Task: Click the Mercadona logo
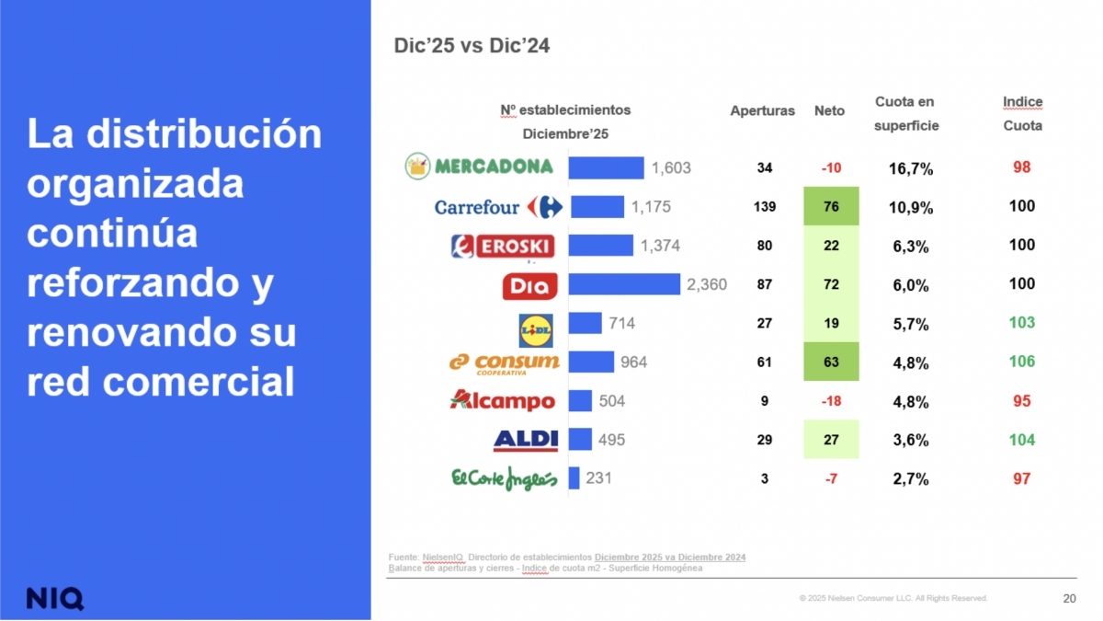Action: pyautogui.click(x=479, y=167)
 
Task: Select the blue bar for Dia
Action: pyautogui.click(x=624, y=284)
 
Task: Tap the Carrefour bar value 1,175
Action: pyautogui.click(x=651, y=207)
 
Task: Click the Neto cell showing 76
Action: pyautogui.click(x=831, y=207)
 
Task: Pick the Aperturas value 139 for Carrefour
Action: pyautogui.click(x=764, y=207)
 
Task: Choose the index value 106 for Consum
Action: pyautogui.click(x=1021, y=362)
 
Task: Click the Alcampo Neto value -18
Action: pyautogui.click(x=831, y=401)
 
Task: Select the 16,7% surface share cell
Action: pyautogui.click(x=911, y=168)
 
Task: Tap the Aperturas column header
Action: pyautogui.click(x=762, y=110)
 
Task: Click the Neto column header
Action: pyautogui.click(x=829, y=110)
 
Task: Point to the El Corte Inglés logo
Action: pyautogui.click(x=504, y=479)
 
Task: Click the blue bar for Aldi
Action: pyautogui.click(x=580, y=440)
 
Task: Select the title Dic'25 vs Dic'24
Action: pyautogui.click(x=472, y=45)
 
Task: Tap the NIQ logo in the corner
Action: pyautogui.click(x=54, y=597)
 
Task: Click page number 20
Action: pyautogui.click(x=1069, y=599)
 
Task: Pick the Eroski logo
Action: pyautogui.click(x=503, y=246)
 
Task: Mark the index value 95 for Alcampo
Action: pyautogui.click(x=1021, y=401)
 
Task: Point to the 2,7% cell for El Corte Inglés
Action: pyautogui.click(x=911, y=479)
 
